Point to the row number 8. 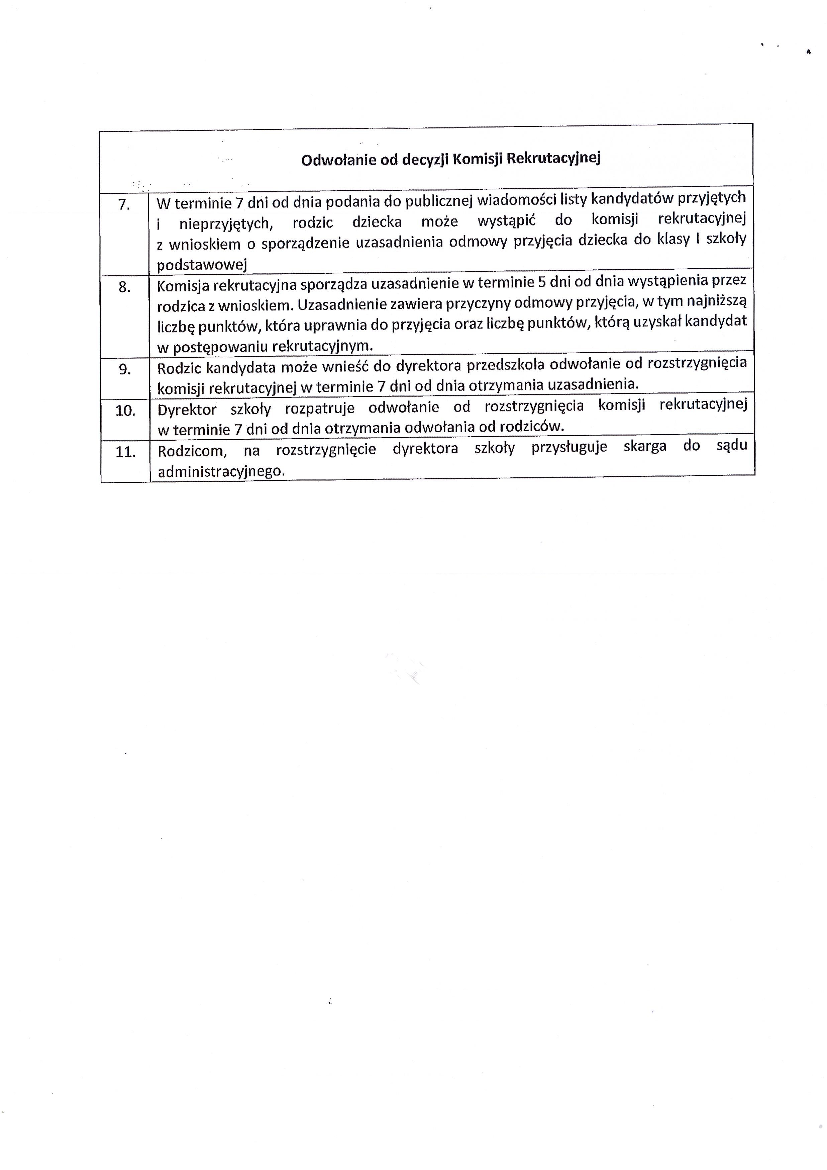click(125, 288)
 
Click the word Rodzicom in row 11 click(192, 451)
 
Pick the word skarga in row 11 click(645, 446)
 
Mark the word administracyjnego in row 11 click(220, 472)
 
